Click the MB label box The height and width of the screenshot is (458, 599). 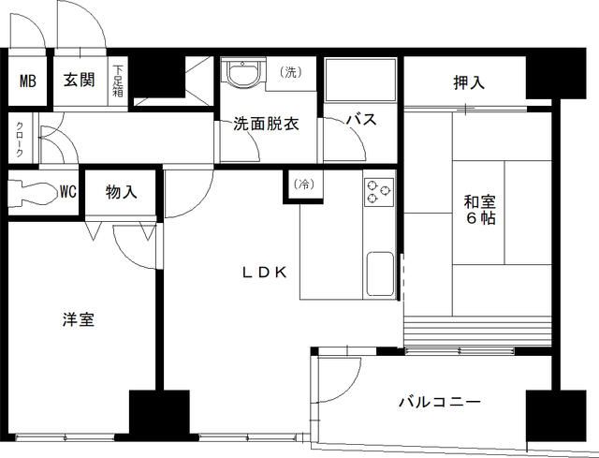[x=27, y=81]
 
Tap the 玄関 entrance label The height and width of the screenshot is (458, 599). [x=79, y=80]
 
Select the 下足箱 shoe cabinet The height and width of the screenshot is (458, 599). [x=119, y=81]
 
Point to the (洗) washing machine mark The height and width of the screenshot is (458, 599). [x=290, y=73]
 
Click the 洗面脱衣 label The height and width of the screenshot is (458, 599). [x=266, y=123]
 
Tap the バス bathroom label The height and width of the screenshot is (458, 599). [x=361, y=121]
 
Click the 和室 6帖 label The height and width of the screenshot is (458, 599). [x=478, y=209]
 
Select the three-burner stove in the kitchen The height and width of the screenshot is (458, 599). [x=379, y=190]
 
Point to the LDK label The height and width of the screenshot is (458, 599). [x=270, y=273]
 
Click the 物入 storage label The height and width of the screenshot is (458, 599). [x=122, y=193]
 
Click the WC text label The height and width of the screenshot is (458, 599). [x=67, y=193]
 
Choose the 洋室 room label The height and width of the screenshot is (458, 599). [x=79, y=319]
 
